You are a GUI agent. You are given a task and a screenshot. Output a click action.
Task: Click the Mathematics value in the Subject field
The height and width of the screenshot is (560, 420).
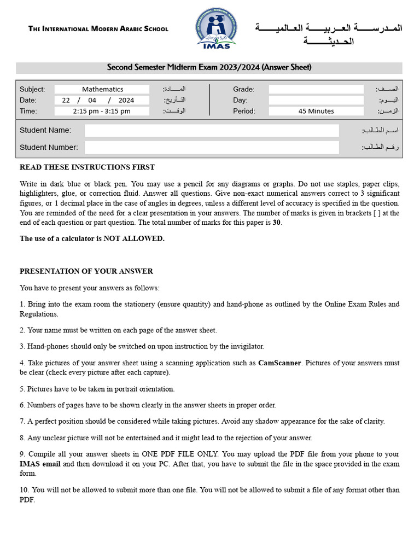point(102,89)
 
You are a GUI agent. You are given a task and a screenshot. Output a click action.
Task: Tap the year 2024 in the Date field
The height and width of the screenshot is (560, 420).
point(126,100)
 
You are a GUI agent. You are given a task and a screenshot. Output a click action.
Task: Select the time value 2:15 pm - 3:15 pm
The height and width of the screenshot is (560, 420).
point(102,111)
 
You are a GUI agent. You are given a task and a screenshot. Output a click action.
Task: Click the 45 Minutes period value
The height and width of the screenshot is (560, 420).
point(316,111)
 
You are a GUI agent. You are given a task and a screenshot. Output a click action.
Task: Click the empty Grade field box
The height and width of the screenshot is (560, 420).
point(316,89)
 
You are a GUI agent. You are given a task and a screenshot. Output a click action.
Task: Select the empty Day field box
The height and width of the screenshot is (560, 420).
point(316,100)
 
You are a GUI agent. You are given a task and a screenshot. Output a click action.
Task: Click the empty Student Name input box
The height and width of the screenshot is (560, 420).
point(212,130)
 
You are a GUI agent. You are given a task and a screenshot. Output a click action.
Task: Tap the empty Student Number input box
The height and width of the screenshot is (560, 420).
point(212,147)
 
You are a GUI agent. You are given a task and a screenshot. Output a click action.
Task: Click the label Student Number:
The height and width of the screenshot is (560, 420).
point(49,147)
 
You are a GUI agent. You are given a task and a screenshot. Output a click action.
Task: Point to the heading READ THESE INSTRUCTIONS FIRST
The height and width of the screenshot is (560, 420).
point(87,167)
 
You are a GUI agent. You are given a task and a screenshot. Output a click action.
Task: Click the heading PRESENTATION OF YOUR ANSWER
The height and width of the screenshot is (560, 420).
point(86,271)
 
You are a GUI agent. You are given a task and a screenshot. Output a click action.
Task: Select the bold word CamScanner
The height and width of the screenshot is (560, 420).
point(279,363)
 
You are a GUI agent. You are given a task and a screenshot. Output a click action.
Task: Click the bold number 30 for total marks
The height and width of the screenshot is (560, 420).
point(276,223)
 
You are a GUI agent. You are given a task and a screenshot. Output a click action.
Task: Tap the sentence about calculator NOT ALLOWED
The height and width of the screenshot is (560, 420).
point(92,238)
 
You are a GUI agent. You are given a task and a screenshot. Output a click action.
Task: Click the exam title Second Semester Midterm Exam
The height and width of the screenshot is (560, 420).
point(209,67)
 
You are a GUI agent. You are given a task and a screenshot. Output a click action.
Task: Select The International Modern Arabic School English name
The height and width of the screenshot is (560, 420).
point(98,28)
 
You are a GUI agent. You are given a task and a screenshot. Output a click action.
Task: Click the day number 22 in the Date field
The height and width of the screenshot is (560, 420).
point(66,100)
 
